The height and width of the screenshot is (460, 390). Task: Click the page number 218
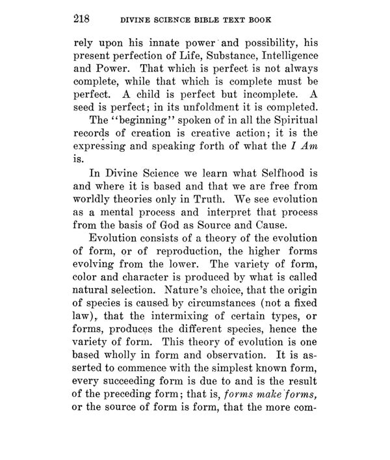point(83,20)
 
